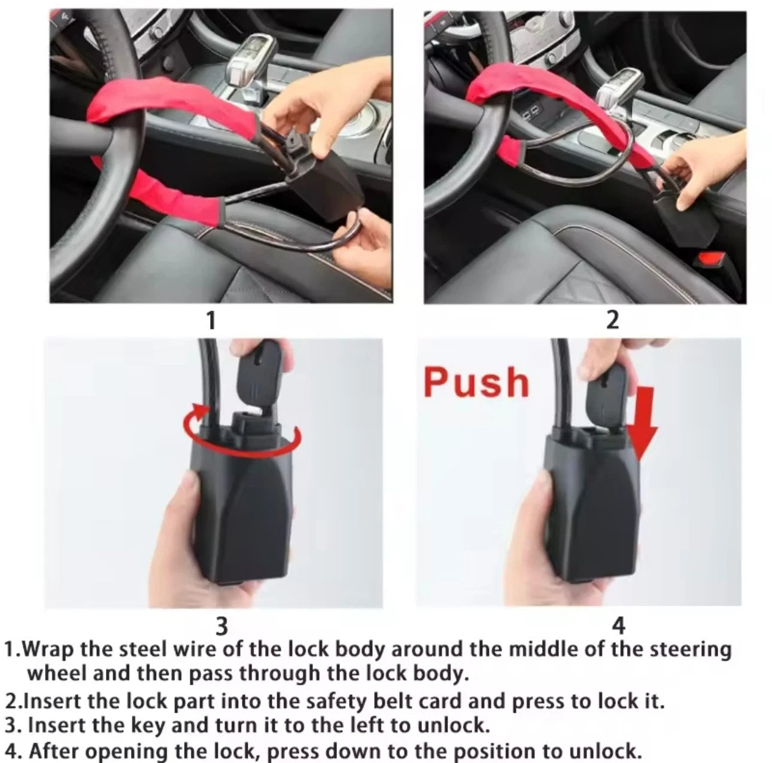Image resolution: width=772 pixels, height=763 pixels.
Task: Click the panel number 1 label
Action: [x=210, y=321]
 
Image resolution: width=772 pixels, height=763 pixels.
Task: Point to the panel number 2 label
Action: [x=612, y=320]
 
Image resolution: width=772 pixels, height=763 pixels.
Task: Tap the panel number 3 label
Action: [x=221, y=625]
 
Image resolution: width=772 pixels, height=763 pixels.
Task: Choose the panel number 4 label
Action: [x=619, y=625]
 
